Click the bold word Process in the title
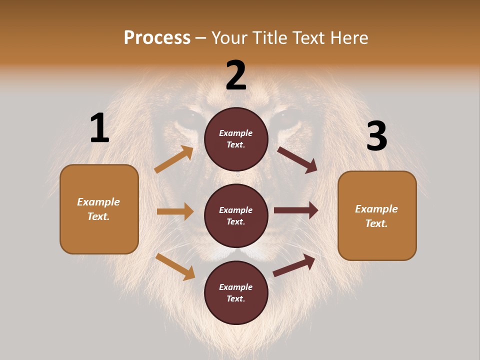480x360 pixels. click(x=157, y=37)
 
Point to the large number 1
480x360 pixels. click(x=99, y=128)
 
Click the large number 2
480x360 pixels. click(x=236, y=75)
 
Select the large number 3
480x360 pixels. click(x=376, y=136)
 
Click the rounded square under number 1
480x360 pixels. click(x=99, y=209)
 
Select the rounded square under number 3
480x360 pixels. click(x=377, y=215)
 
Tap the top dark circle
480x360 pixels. click(x=236, y=138)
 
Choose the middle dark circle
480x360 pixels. click(x=236, y=215)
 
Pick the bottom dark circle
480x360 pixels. click(x=236, y=292)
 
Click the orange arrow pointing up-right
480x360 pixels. click(x=174, y=159)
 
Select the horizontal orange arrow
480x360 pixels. click(x=175, y=211)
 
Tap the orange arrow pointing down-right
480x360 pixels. click(x=175, y=266)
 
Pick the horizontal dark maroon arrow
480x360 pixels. click(x=296, y=210)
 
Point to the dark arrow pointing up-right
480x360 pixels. click(x=294, y=265)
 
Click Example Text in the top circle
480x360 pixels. click(x=236, y=138)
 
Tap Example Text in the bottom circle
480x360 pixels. click(x=236, y=292)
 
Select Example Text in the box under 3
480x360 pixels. click(x=376, y=216)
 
